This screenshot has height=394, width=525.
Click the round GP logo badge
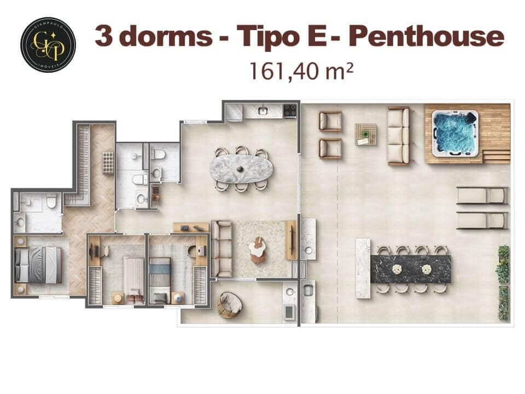[x=48, y=45]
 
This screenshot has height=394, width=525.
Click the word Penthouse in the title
[x=426, y=37]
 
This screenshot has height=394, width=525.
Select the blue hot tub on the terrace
[x=455, y=132]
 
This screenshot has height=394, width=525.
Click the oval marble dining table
[x=241, y=169]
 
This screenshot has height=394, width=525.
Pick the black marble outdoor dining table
[x=410, y=269]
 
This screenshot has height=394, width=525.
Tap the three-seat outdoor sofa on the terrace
[x=398, y=136]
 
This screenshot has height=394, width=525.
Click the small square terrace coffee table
[x=365, y=134]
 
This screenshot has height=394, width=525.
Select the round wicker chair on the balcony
[x=229, y=304]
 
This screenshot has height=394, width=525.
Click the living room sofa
[x=221, y=249]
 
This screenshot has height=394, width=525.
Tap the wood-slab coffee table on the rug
[x=257, y=251]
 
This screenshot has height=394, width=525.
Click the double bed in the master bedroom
[x=39, y=265]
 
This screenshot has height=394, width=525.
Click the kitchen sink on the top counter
[x=263, y=111]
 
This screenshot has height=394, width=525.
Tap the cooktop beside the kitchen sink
[x=290, y=111]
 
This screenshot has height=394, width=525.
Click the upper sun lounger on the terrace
[x=482, y=195]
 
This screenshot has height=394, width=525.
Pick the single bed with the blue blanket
[x=160, y=280]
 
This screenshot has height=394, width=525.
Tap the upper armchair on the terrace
[x=330, y=121]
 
